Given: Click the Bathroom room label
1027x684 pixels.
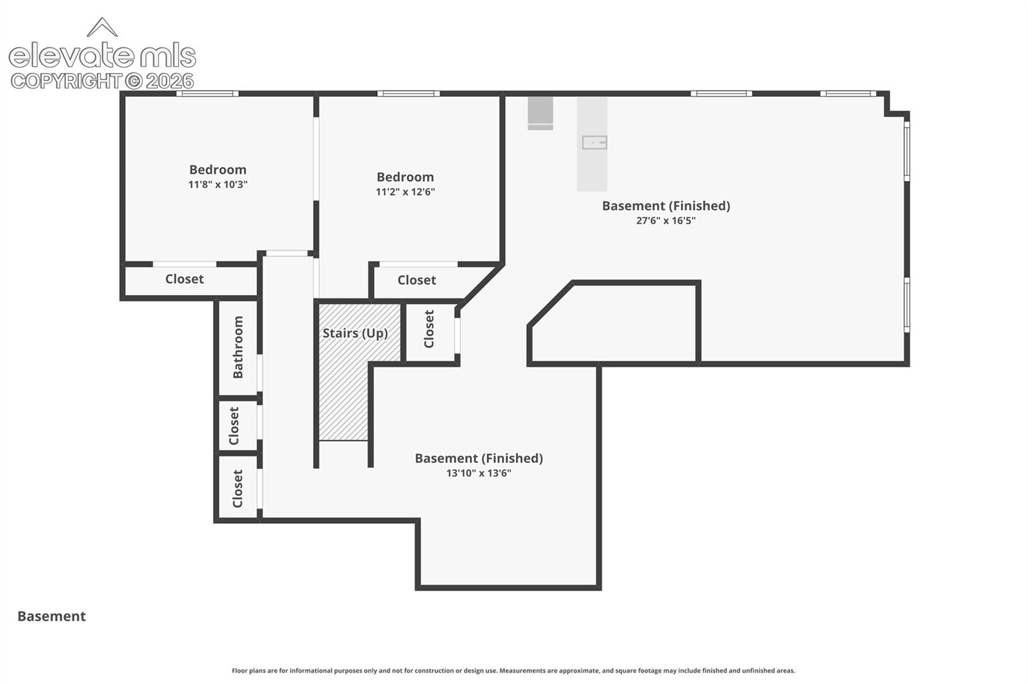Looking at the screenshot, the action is point(238,347).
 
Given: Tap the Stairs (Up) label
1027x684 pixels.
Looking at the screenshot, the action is point(355,333).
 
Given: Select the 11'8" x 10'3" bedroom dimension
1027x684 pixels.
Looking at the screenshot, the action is point(218,185).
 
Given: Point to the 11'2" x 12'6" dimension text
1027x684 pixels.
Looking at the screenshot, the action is point(405,191).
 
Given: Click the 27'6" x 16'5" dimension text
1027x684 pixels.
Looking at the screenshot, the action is point(666,220).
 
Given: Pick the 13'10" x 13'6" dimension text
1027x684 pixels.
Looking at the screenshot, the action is point(479,473).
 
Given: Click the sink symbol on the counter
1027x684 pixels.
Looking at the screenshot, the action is point(595,142).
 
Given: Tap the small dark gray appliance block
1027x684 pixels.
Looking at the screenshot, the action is point(541,113).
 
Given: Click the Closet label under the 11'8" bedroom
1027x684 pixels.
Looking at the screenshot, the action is point(184,279).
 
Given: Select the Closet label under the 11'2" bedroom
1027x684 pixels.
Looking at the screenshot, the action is point(417,280).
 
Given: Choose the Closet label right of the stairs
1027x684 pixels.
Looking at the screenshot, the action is point(429,329).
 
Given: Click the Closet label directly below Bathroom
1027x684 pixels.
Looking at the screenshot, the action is point(234,426).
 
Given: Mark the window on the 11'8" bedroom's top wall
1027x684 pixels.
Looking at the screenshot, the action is point(208,94).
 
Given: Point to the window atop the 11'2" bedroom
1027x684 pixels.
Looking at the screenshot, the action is point(408,94).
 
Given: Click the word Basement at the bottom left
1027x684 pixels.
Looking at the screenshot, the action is point(51,616).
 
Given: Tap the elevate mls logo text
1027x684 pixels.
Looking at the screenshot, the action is point(102,56).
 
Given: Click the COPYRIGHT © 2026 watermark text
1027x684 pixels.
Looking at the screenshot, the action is point(102,82).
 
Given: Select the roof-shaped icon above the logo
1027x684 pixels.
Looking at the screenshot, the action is point(102,27).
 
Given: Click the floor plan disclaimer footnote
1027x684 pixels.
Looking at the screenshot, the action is point(513,671).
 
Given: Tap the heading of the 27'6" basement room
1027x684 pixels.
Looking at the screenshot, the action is point(666,206).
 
